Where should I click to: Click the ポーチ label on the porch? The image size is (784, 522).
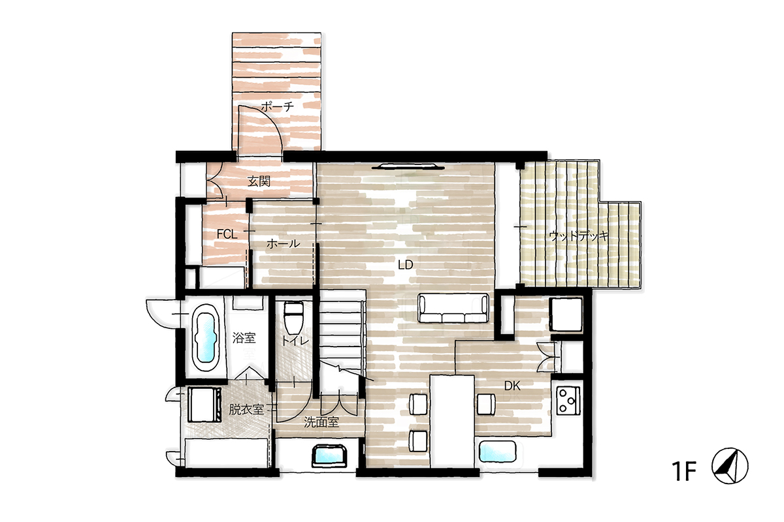click(x=277, y=106)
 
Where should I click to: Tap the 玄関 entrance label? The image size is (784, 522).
click(x=259, y=181)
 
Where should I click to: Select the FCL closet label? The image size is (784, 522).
click(x=227, y=234)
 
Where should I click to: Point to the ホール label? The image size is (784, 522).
click(x=283, y=243)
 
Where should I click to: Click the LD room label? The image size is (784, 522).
click(x=405, y=265)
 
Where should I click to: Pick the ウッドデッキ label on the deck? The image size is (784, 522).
click(x=580, y=236)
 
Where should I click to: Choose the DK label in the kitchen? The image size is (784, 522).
click(x=512, y=386)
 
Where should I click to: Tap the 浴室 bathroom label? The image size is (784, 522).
click(x=244, y=338)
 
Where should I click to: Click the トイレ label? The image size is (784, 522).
click(x=296, y=341)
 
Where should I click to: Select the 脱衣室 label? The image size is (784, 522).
click(x=246, y=409)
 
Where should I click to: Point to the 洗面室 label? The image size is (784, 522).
click(x=321, y=422)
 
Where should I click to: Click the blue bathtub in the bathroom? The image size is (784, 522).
click(x=206, y=338)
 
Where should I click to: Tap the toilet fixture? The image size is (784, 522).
click(x=293, y=319)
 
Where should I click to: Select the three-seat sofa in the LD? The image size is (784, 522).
click(x=453, y=308)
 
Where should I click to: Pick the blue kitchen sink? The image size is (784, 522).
click(x=497, y=451)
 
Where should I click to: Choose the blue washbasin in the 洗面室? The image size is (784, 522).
click(x=329, y=455)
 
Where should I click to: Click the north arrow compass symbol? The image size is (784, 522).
click(x=730, y=466)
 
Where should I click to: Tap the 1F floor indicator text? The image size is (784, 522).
click(x=683, y=471)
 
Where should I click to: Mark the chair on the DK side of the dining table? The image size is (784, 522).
click(x=486, y=404)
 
